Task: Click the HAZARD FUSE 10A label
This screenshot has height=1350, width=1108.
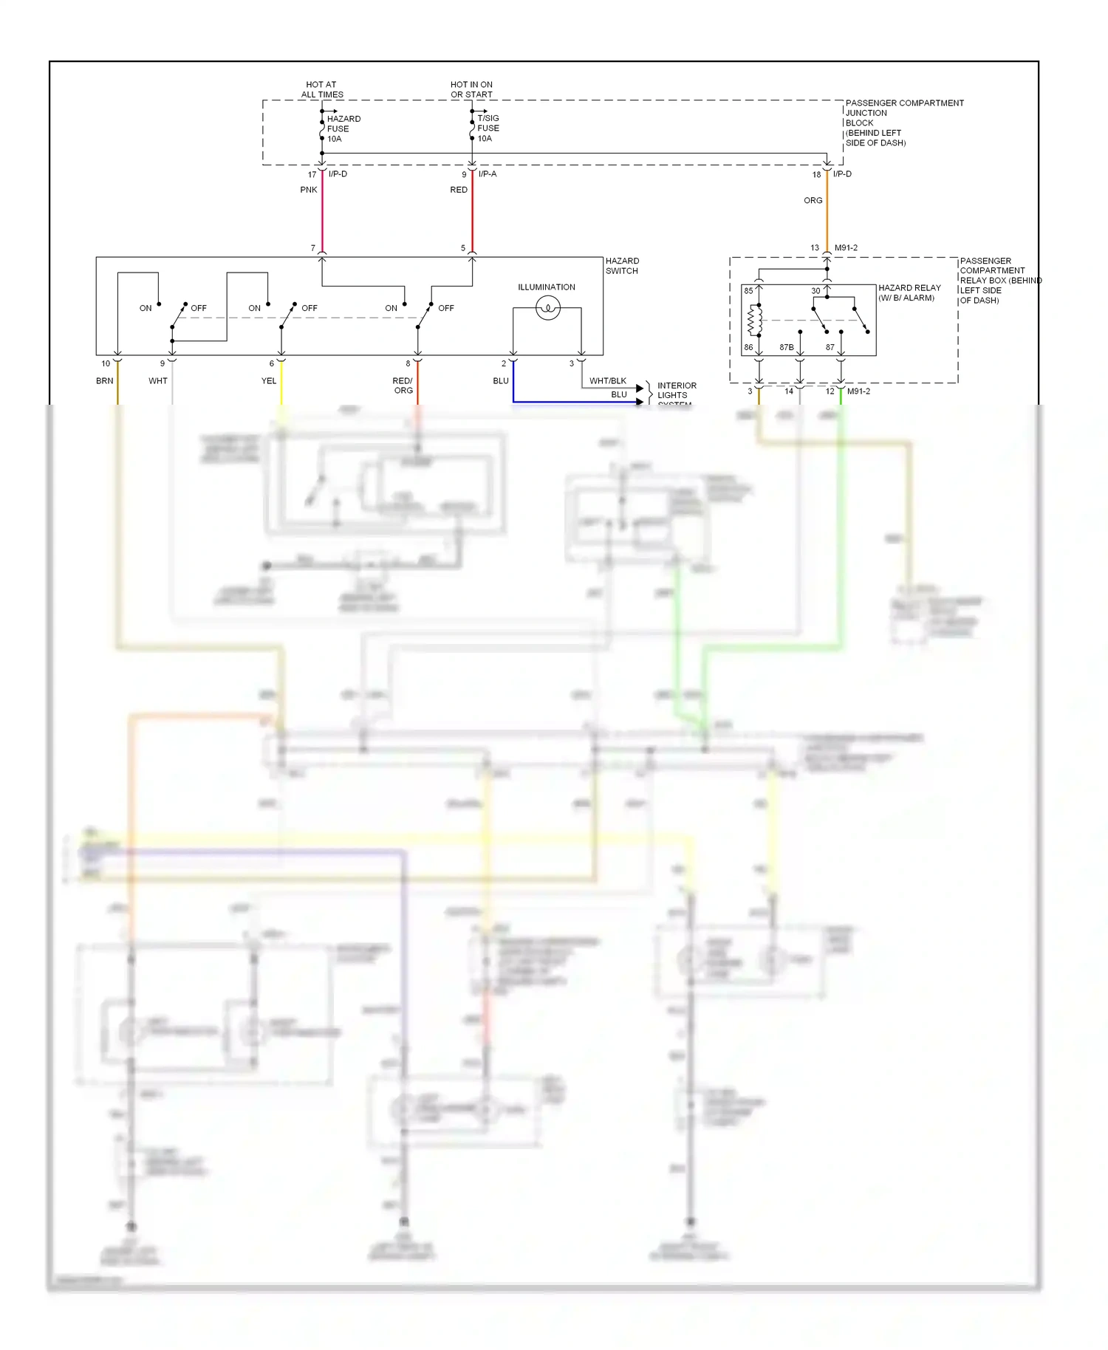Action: (343, 129)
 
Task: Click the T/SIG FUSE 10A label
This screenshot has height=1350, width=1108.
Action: (488, 128)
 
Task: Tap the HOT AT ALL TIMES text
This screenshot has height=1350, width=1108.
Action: (321, 89)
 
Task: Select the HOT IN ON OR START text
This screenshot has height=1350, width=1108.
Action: (471, 89)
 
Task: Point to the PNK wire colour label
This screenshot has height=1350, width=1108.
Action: (309, 190)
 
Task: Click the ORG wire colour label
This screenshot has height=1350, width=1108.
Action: (813, 200)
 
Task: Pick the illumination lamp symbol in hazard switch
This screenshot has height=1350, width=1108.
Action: (547, 307)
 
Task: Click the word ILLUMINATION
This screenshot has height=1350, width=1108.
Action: (546, 287)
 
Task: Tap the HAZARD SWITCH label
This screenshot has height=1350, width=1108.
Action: (622, 266)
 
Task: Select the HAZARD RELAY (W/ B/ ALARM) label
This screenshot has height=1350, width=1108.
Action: (909, 292)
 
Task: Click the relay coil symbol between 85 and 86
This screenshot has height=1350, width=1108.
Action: (754, 320)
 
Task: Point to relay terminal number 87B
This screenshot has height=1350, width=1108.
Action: (786, 347)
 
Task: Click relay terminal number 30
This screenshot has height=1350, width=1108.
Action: (815, 291)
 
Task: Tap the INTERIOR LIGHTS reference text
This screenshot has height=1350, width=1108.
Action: (676, 391)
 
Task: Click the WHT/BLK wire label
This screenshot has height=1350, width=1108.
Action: (607, 381)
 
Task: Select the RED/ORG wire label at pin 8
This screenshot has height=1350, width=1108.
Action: (403, 386)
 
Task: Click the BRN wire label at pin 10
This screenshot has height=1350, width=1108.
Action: (104, 381)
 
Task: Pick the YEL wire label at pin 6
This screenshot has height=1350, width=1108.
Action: (268, 381)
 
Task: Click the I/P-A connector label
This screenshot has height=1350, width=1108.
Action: (488, 174)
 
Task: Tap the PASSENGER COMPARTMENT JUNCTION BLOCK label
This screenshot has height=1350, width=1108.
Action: (903, 123)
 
